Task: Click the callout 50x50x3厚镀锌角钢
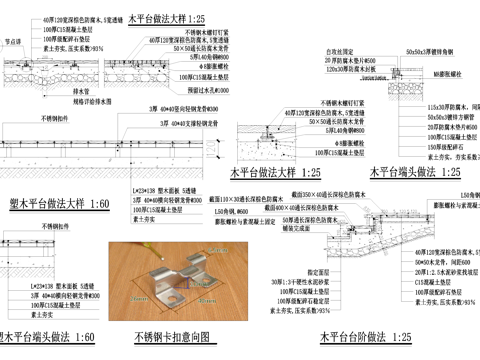pos(436,48)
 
